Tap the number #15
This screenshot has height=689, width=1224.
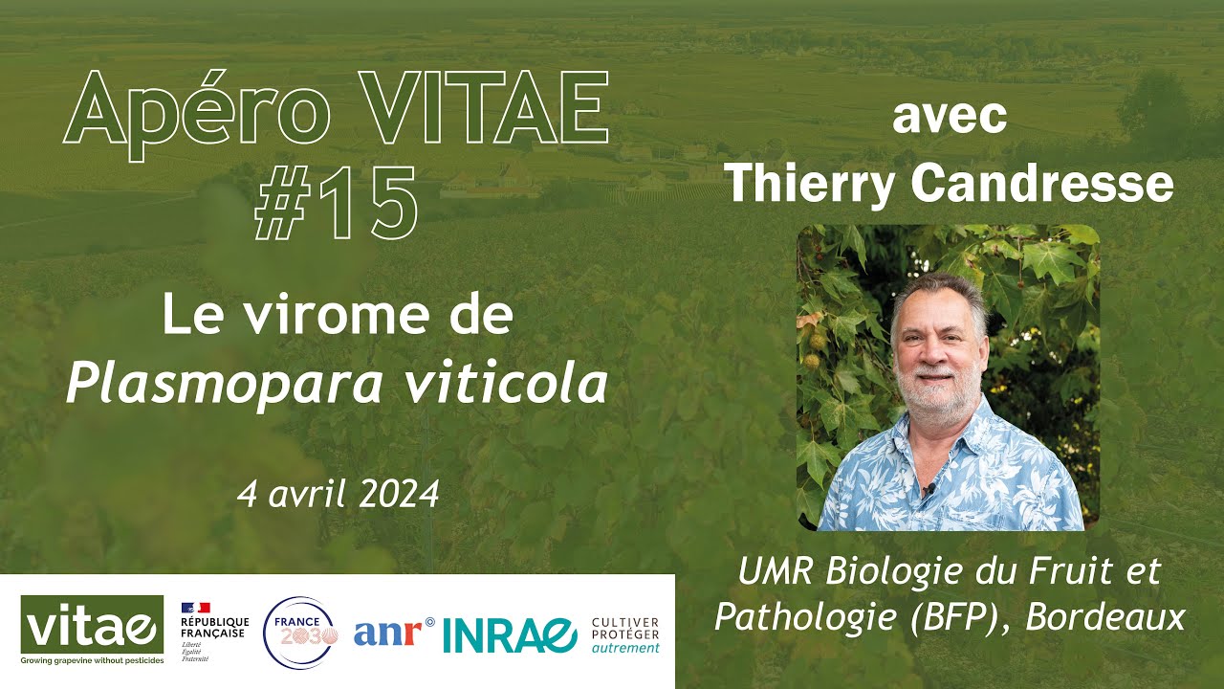point(336,203)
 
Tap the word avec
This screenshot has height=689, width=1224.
point(949,119)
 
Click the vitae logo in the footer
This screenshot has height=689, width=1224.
point(91,629)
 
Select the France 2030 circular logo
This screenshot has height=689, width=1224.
point(300,633)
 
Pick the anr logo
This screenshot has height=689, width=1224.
point(393,633)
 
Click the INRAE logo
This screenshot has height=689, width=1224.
point(510,633)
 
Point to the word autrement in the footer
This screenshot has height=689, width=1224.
point(625,648)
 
